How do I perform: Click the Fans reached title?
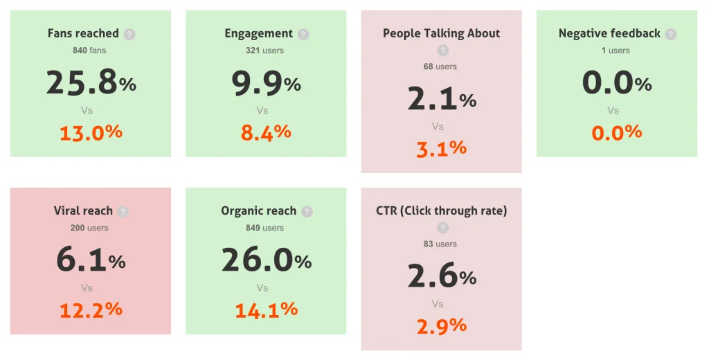pos(83,33)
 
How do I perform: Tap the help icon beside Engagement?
pos(303,34)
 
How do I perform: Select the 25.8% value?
pos(91,82)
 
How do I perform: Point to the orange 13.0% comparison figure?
pos(91,132)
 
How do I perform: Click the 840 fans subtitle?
pos(89,51)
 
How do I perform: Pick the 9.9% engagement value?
pos(266,82)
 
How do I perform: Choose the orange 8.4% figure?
pos(266,132)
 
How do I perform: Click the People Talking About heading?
pos(441,33)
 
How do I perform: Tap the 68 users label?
pos(440,66)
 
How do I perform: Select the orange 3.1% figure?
pos(441,148)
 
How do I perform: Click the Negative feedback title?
pos(609,33)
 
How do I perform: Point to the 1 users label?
pos(616,51)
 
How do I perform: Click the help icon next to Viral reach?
pos(123,212)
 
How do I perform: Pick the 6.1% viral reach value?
pos(91,260)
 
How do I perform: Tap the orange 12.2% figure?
pos(91,309)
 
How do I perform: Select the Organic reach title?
pos(258,211)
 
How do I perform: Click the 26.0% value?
pos(266,260)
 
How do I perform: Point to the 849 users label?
pos(264,228)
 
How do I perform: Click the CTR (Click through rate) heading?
pos(441,210)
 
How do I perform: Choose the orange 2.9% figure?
pos(441,325)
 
